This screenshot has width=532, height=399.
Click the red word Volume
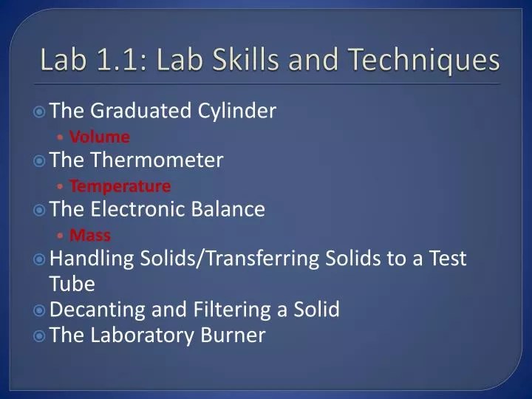[99, 137]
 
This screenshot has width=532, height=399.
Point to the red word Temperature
[120, 185]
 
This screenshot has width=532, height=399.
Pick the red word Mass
[89, 235]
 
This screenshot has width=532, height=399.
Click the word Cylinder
[237, 112]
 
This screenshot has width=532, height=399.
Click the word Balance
[230, 210]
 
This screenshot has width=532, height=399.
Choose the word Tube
[72, 284]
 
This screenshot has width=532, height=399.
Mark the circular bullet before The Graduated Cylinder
[40, 112]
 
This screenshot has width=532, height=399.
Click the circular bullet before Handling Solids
[40, 260]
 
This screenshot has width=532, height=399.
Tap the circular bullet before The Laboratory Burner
[40, 335]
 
